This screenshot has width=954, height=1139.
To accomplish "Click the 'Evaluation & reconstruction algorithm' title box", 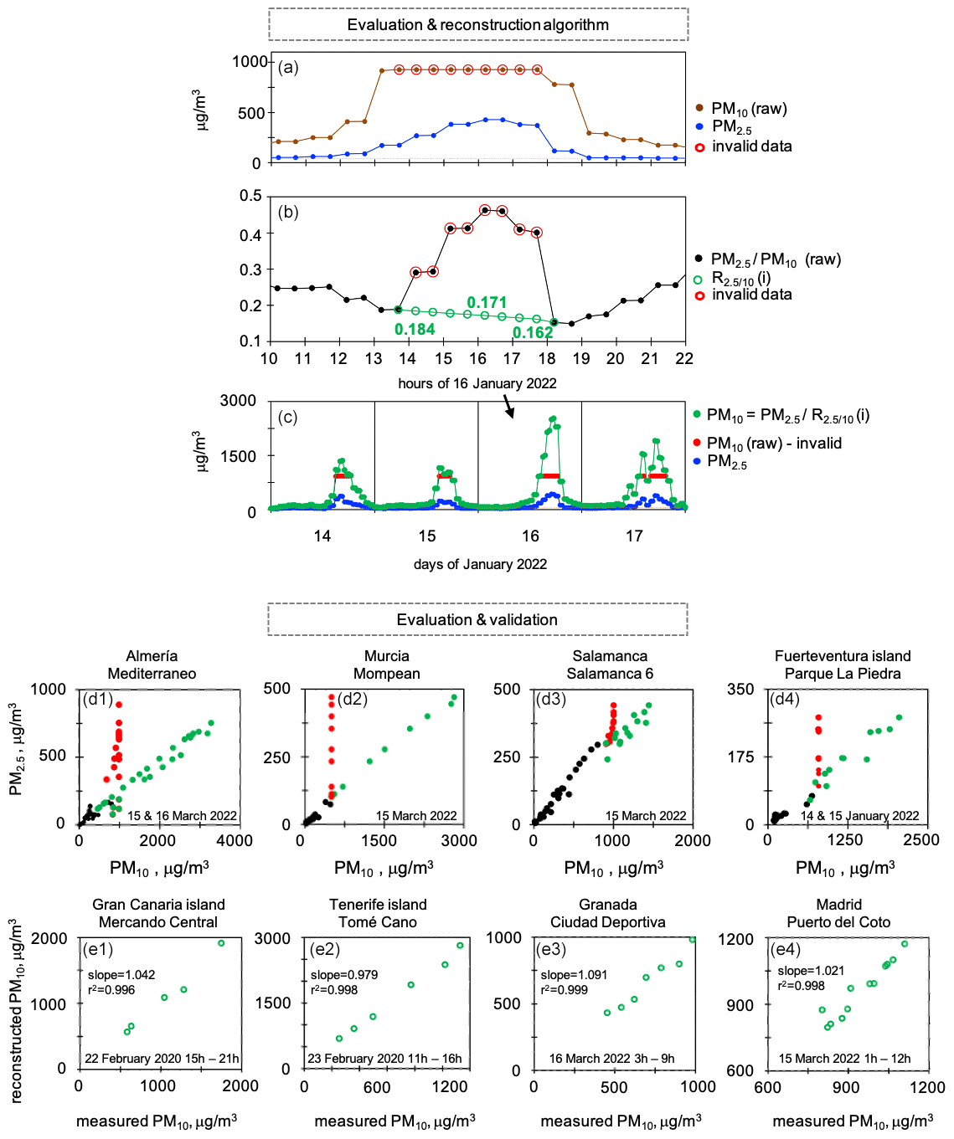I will click(x=477, y=24).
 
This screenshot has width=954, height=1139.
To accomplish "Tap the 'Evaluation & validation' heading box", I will click(x=477, y=619).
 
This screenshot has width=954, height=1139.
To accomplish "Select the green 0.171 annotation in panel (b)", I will click(x=487, y=302).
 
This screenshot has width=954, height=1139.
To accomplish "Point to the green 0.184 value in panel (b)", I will click(x=415, y=329).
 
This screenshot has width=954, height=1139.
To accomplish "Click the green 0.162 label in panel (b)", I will click(x=533, y=332).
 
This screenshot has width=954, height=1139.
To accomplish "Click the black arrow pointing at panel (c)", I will click(x=508, y=406).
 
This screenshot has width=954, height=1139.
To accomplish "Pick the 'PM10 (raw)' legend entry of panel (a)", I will click(x=748, y=109).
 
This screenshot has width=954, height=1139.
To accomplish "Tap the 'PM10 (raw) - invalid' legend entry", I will click(x=773, y=443).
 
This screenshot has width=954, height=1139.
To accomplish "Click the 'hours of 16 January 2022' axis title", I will click(x=477, y=383).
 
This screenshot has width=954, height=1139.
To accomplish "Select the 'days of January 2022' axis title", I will click(x=480, y=564).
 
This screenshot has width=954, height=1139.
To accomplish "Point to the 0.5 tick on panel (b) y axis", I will click(x=251, y=196).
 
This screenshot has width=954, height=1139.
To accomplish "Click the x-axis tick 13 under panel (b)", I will click(x=373, y=358).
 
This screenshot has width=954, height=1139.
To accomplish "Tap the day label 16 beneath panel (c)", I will click(x=530, y=536).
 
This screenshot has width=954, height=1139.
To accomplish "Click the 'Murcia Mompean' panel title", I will click(x=386, y=664).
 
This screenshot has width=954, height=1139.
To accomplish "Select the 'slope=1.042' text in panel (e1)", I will click(x=121, y=975).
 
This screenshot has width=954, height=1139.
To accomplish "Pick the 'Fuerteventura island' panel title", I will click(x=842, y=656).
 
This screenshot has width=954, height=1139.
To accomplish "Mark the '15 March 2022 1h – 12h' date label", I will click(x=844, y=1058).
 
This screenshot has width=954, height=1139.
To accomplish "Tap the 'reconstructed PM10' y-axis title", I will click(x=15, y=1010).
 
